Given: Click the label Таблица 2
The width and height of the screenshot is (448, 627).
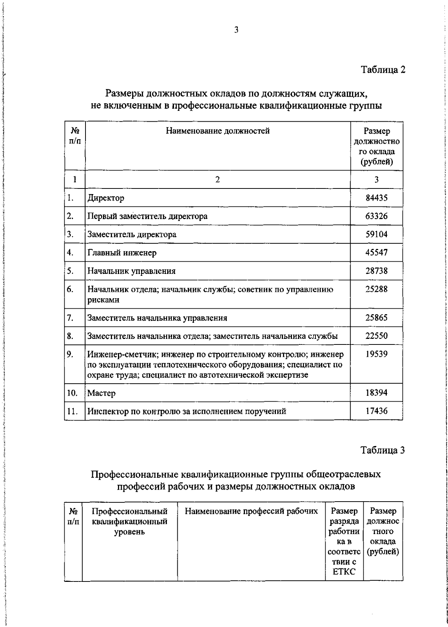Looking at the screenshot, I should click(x=383, y=70).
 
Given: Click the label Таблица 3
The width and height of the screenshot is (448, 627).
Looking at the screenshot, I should click(x=383, y=450).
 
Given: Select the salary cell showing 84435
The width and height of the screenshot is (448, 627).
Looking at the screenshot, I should click(x=376, y=198).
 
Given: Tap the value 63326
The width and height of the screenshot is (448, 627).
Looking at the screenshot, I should click(x=376, y=216).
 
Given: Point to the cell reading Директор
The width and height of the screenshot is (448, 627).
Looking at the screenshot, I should click(x=106, y=198).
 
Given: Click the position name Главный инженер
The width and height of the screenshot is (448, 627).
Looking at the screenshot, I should click(x=122, y=253).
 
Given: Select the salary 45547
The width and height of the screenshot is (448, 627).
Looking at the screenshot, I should click(x=376, y=253).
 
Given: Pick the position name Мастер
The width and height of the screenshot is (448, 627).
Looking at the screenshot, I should click(x=102, y=393).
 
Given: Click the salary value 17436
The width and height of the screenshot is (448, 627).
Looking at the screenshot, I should click(x=376, y=411).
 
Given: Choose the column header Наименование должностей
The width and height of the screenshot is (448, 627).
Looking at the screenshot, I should click(x=218, y=131).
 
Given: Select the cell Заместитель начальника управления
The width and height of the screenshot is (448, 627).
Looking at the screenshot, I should click(x=157, y=318).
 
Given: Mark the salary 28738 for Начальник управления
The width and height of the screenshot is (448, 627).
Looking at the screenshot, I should click(x=376, y=271).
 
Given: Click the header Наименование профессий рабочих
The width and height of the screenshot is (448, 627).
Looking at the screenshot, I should click(x=251, y=511).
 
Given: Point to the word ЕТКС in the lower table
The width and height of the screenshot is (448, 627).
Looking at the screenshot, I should click(x=344, y=572).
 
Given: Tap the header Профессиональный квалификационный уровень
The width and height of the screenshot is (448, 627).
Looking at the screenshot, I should click(x=129, y=521).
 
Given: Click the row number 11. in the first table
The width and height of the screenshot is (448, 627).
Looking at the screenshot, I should click(x=72, y=411).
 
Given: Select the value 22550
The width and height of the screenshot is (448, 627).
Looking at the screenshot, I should click(x=376, y=336).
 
